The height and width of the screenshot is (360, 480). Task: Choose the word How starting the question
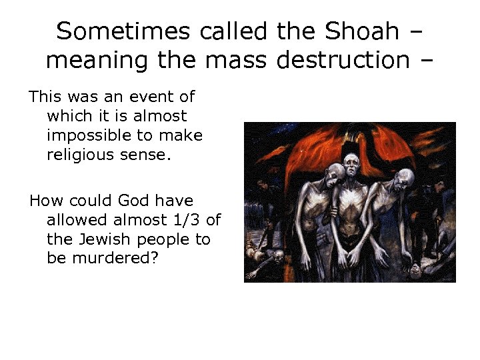[x=43, y=201]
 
